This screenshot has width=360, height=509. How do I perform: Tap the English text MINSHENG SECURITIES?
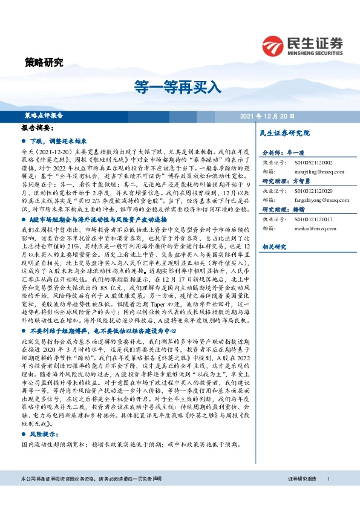pyautogui.click(x=313, y=52)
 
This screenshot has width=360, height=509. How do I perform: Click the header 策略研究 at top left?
pyautogui.click(x=44, y=62)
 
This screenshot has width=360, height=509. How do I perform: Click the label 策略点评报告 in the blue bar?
pyautogui.click(x=44, y=115)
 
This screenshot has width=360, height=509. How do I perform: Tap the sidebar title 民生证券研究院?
pyautogui.click(x=284, y=132)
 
